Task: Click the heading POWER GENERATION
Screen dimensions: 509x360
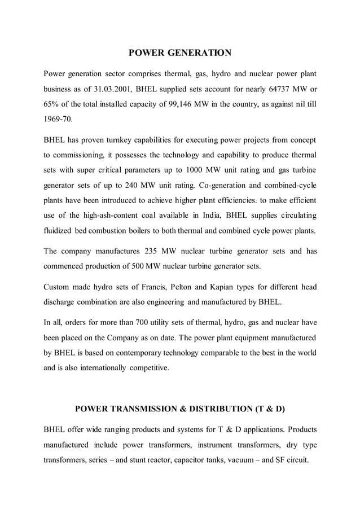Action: tap(180, 53)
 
